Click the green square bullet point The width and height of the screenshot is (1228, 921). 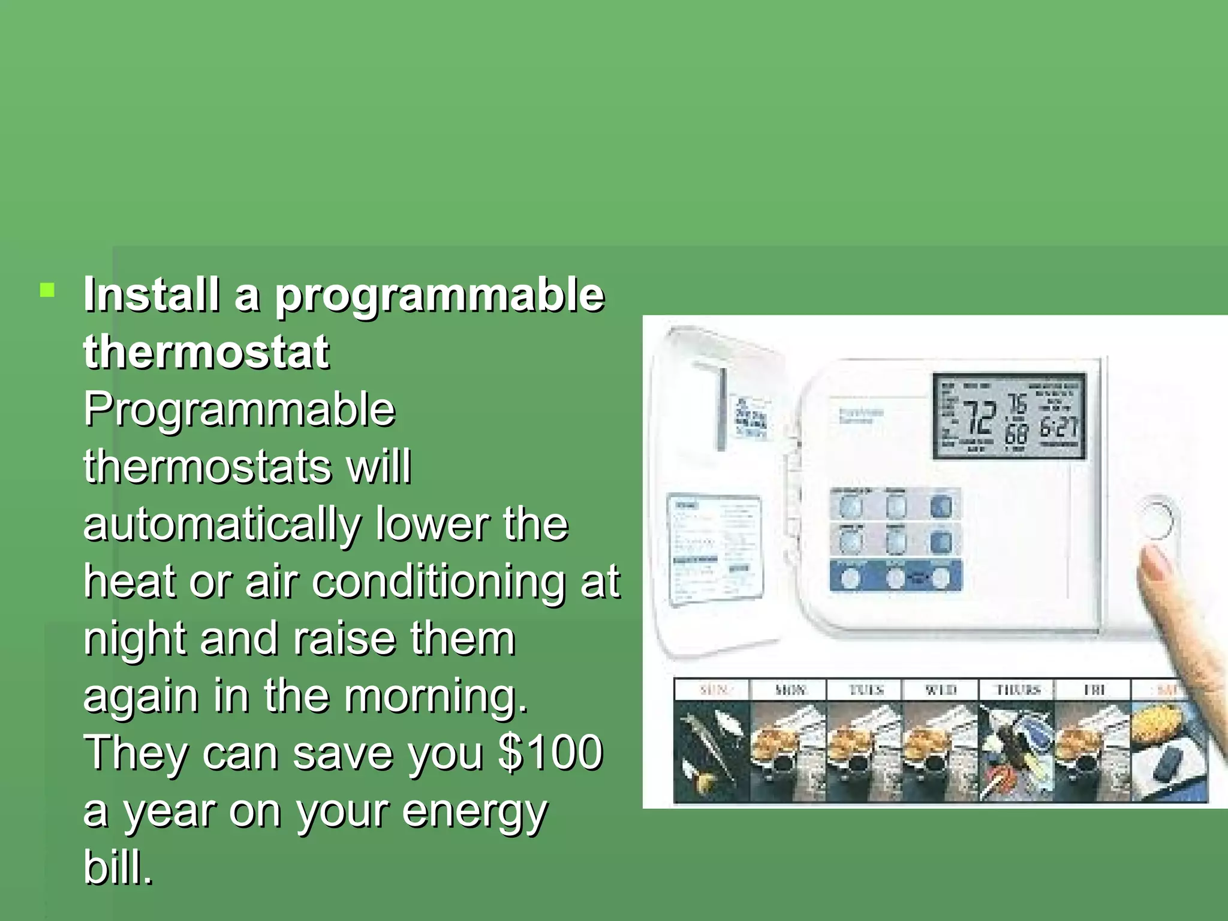[47, 291]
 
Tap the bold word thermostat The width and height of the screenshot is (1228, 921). [206, 352]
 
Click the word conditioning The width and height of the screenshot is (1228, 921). [438, 582]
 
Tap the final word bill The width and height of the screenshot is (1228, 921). [118, 867]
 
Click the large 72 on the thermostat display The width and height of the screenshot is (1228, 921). [979, 417]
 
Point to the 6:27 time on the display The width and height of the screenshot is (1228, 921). [1058, 427]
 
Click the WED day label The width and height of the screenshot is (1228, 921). [940, 690]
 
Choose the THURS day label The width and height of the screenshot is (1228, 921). [1016, 690]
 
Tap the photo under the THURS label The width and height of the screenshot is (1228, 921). [1016, 753]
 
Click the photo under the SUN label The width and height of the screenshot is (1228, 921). [712, 753]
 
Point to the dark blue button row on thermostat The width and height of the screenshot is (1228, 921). [895, 577]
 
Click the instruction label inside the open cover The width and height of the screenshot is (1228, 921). [715, 548]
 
